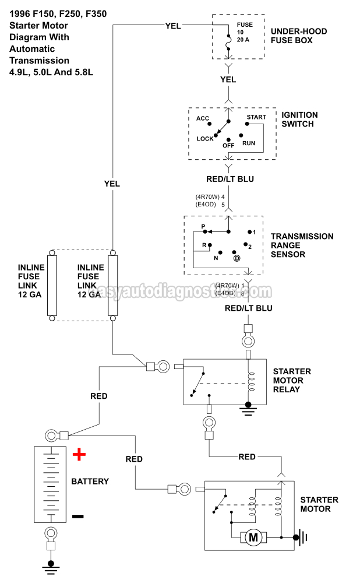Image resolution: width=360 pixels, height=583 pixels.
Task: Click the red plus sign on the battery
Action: pos(79,454)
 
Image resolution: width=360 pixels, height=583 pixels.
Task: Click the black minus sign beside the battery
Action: pos(78,516)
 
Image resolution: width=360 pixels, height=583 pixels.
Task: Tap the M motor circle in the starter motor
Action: pos(253,538)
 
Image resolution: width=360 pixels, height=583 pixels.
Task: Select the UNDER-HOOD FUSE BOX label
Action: pos(299,36)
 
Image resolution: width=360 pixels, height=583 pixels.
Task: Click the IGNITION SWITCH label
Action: pos(299,120)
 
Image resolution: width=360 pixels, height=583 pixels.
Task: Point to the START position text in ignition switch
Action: pos(256,117)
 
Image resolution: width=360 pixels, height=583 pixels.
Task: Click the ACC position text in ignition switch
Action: pos(203,118)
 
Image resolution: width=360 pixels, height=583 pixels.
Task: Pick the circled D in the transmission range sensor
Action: pos(237,258)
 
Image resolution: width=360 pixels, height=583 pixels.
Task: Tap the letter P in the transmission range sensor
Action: pos(203,226)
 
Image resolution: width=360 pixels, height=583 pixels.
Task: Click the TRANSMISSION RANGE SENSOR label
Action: pos(302,245)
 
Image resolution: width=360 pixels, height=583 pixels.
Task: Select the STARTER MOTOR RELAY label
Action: pos(292,380)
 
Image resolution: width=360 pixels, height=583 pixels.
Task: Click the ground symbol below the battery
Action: pos(51,566)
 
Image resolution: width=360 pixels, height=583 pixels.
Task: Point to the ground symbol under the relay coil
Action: pos(249,408)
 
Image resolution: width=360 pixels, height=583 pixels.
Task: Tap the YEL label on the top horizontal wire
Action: pos(173,25)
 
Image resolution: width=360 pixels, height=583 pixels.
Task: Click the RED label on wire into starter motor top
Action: pos(247,456)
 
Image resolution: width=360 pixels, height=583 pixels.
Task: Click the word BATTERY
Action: pos(90,482)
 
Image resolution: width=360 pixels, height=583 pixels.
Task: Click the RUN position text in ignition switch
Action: pos(249,143)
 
